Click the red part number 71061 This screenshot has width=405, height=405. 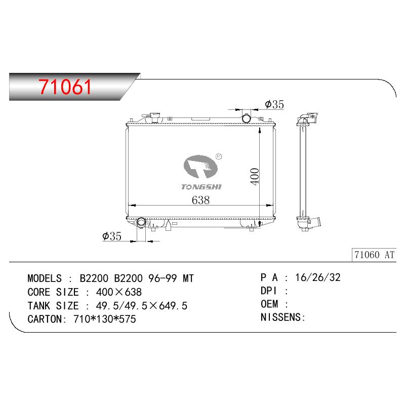[65, 87]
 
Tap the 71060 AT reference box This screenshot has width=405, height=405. [374, 255]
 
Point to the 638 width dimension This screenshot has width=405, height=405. [200, 200]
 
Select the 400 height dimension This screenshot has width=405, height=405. [255, 177]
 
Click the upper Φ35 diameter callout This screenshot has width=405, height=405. [274, 104]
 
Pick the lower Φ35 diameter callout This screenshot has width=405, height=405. [112, 236]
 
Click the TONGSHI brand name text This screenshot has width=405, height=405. [201, 187]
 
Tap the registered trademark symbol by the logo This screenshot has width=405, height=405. [219, 156]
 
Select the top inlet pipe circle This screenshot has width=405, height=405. [247, 118]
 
